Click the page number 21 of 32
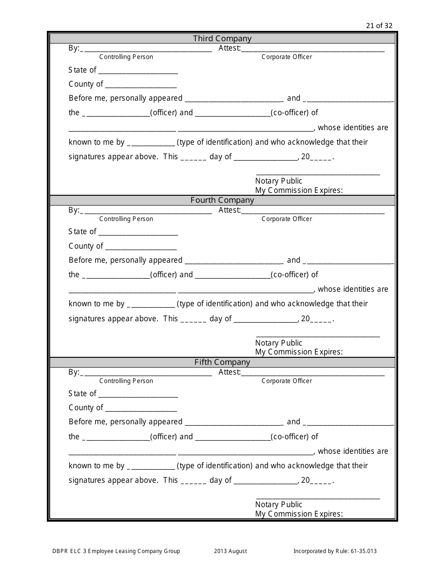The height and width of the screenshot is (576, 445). (x=379, y=26)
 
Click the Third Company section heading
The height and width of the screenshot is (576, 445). (x=222, y=39)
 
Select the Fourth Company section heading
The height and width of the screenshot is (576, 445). (x=222, y=200)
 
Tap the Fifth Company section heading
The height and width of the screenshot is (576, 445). (x=222, y=362)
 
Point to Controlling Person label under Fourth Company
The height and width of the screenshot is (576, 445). (x=126, y=219)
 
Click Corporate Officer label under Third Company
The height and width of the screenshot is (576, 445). (x=287, y=57)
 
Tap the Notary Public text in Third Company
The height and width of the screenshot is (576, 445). (x=279, y=181)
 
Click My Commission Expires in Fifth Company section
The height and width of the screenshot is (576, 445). (x=299, y=514)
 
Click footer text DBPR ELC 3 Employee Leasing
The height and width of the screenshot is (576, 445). (x=116, y=552)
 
